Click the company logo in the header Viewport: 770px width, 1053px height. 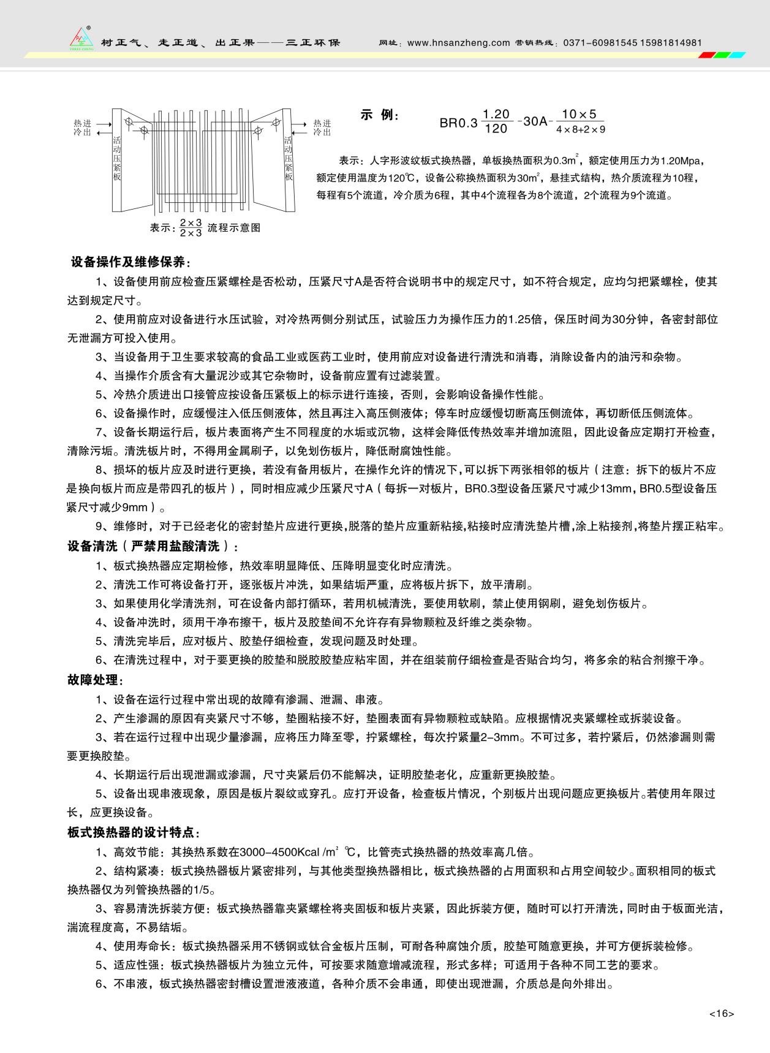click(81, 39)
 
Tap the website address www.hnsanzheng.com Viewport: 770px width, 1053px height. click(458, 43)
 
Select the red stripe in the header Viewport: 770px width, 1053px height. click(706, 55)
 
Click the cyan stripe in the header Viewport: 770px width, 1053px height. click(738, 55)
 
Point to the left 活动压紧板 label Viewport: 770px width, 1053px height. click(117, 158)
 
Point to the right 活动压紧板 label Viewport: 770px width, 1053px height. click(288, 158)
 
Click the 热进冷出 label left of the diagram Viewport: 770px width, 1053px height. click(82, 127)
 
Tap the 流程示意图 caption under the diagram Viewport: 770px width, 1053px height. click(234, 227)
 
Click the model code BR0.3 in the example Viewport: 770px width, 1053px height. click(458, 123)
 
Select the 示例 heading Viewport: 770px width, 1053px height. click(379, 115)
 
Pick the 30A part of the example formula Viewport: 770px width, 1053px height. click(535, 121)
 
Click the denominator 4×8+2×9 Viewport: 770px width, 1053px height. click(580, 130)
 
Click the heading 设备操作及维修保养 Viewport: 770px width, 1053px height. click(130, 262)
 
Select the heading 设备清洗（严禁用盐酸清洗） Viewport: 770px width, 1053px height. click(153, 546)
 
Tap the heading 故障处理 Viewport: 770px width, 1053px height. click(95, 680)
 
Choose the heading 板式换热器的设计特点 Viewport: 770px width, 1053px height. click(134, 832)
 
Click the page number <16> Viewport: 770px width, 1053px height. click(722, 1013)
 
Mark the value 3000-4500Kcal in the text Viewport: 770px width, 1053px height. click(279, 852)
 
